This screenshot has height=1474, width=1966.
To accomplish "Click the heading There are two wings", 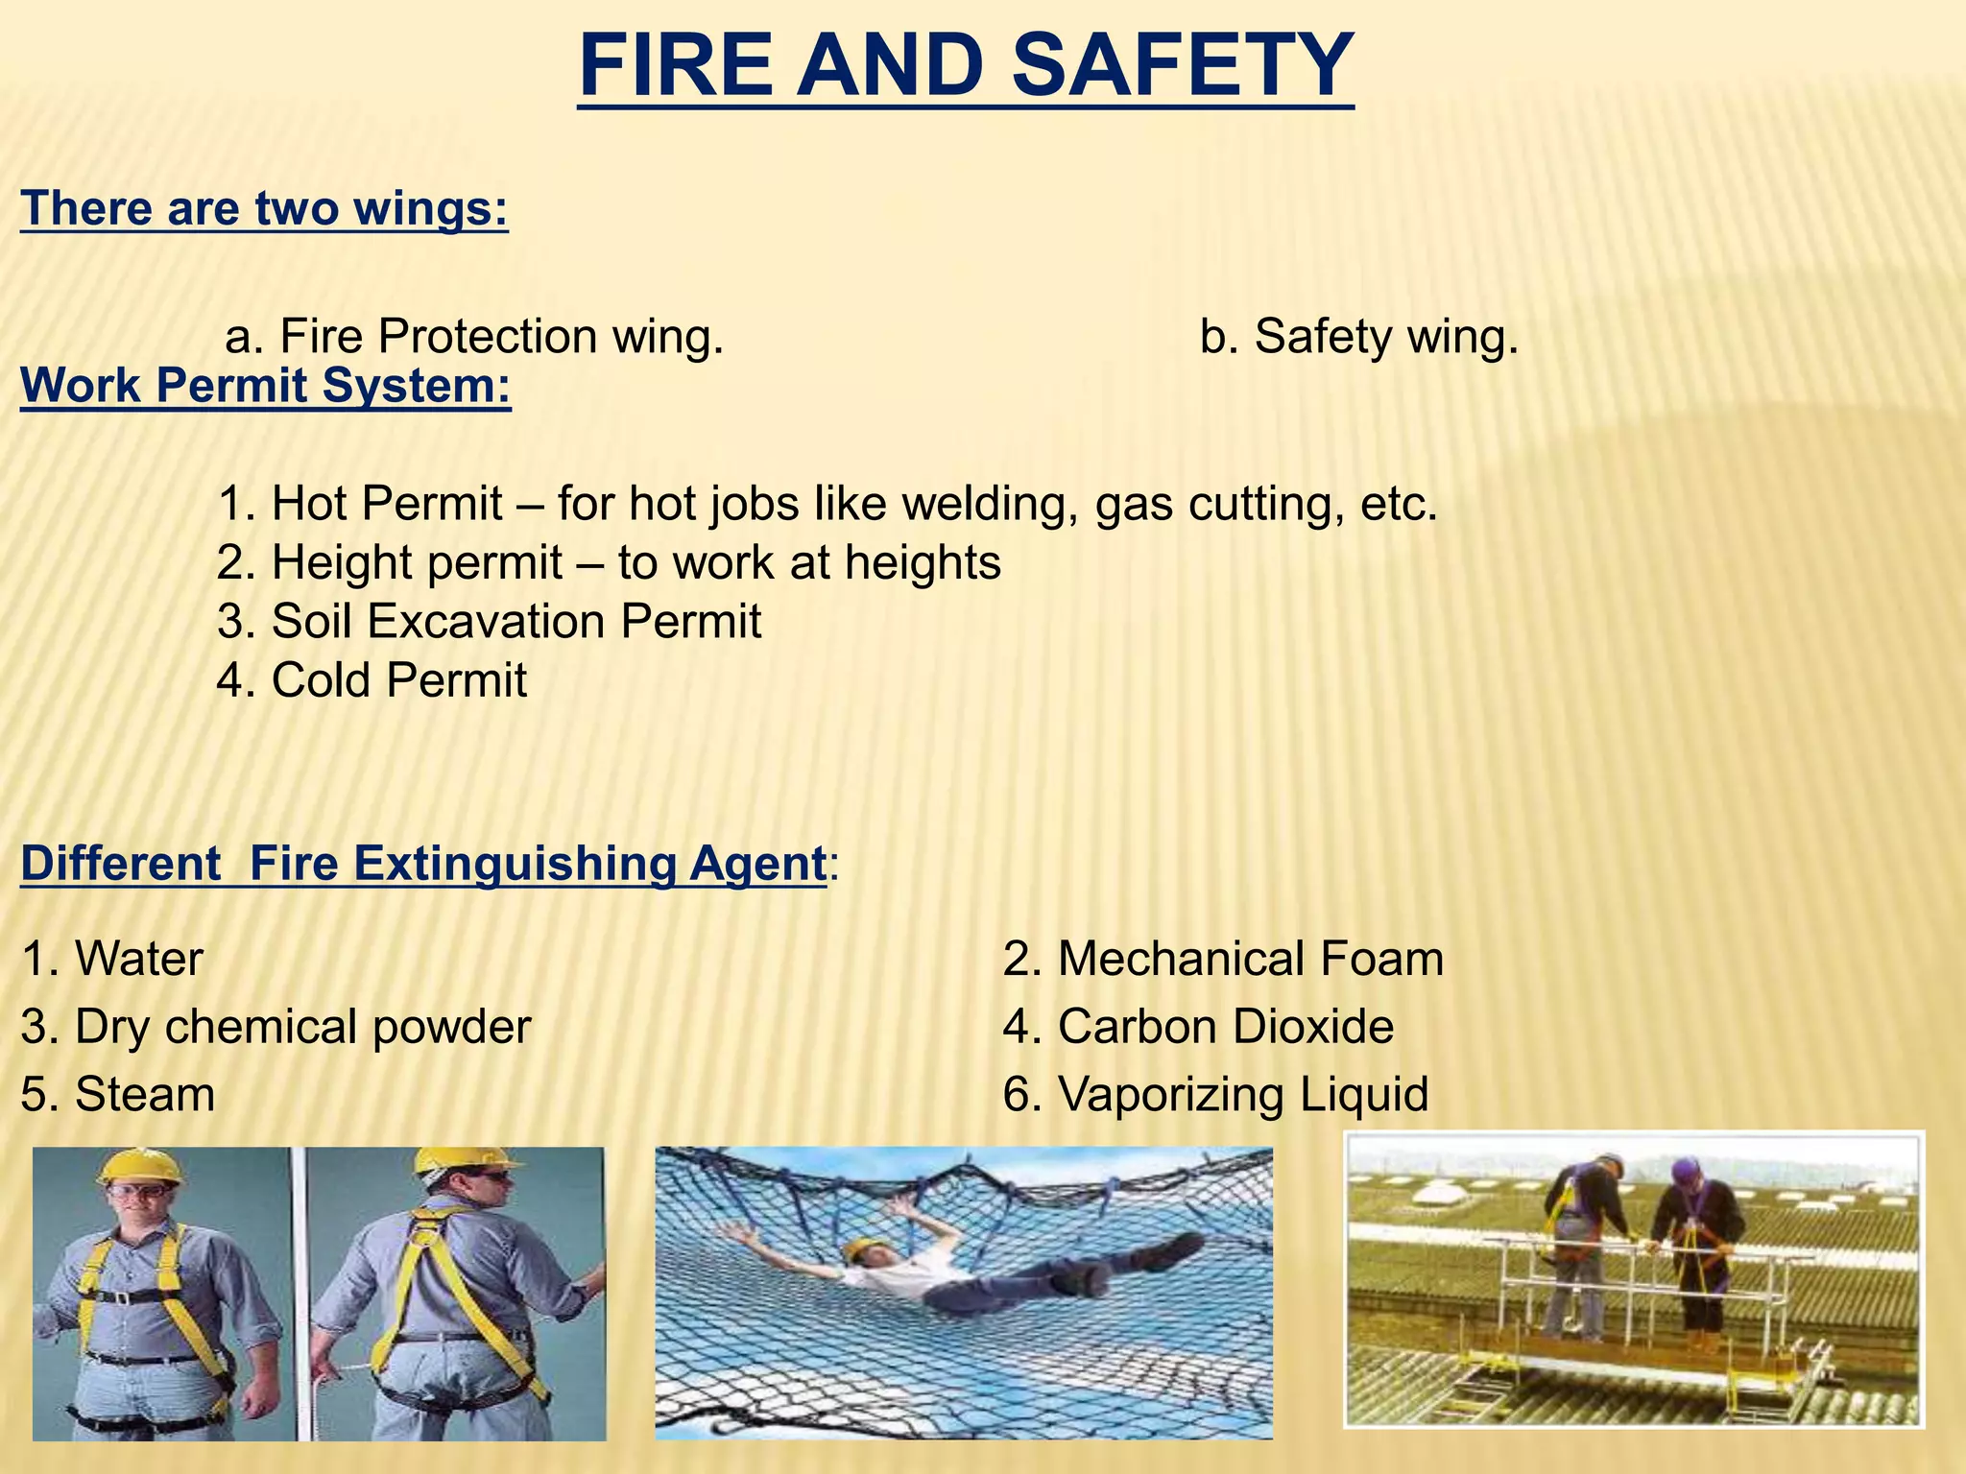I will [x=264, y=208].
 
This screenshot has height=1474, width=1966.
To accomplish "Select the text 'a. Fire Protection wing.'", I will [x=474, y=337].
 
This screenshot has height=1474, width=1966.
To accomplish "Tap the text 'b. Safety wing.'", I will [x=1359, y=337].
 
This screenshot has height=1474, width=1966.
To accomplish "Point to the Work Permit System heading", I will [x=266, y=386].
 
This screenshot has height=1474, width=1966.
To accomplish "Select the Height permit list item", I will [x=609, y=562].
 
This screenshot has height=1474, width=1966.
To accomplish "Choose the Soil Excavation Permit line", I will [x=489, y=621].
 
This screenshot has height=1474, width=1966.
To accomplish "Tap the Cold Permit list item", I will [x=372, y=680].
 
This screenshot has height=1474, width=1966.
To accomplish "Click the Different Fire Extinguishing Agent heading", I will [x=422, y=863].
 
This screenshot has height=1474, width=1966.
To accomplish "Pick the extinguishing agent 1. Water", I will [x=112, y=959].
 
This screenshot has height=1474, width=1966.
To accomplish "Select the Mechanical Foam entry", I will [x=1223, y=959].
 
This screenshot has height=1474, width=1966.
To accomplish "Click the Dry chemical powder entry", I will [x=276, y=1027].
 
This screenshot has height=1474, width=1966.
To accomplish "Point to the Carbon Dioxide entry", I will [x=1198, y=1027].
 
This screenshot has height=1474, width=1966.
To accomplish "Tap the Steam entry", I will [x=118, y=1095].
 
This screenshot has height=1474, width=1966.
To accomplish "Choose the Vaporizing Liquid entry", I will [x=1215, y=1095].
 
